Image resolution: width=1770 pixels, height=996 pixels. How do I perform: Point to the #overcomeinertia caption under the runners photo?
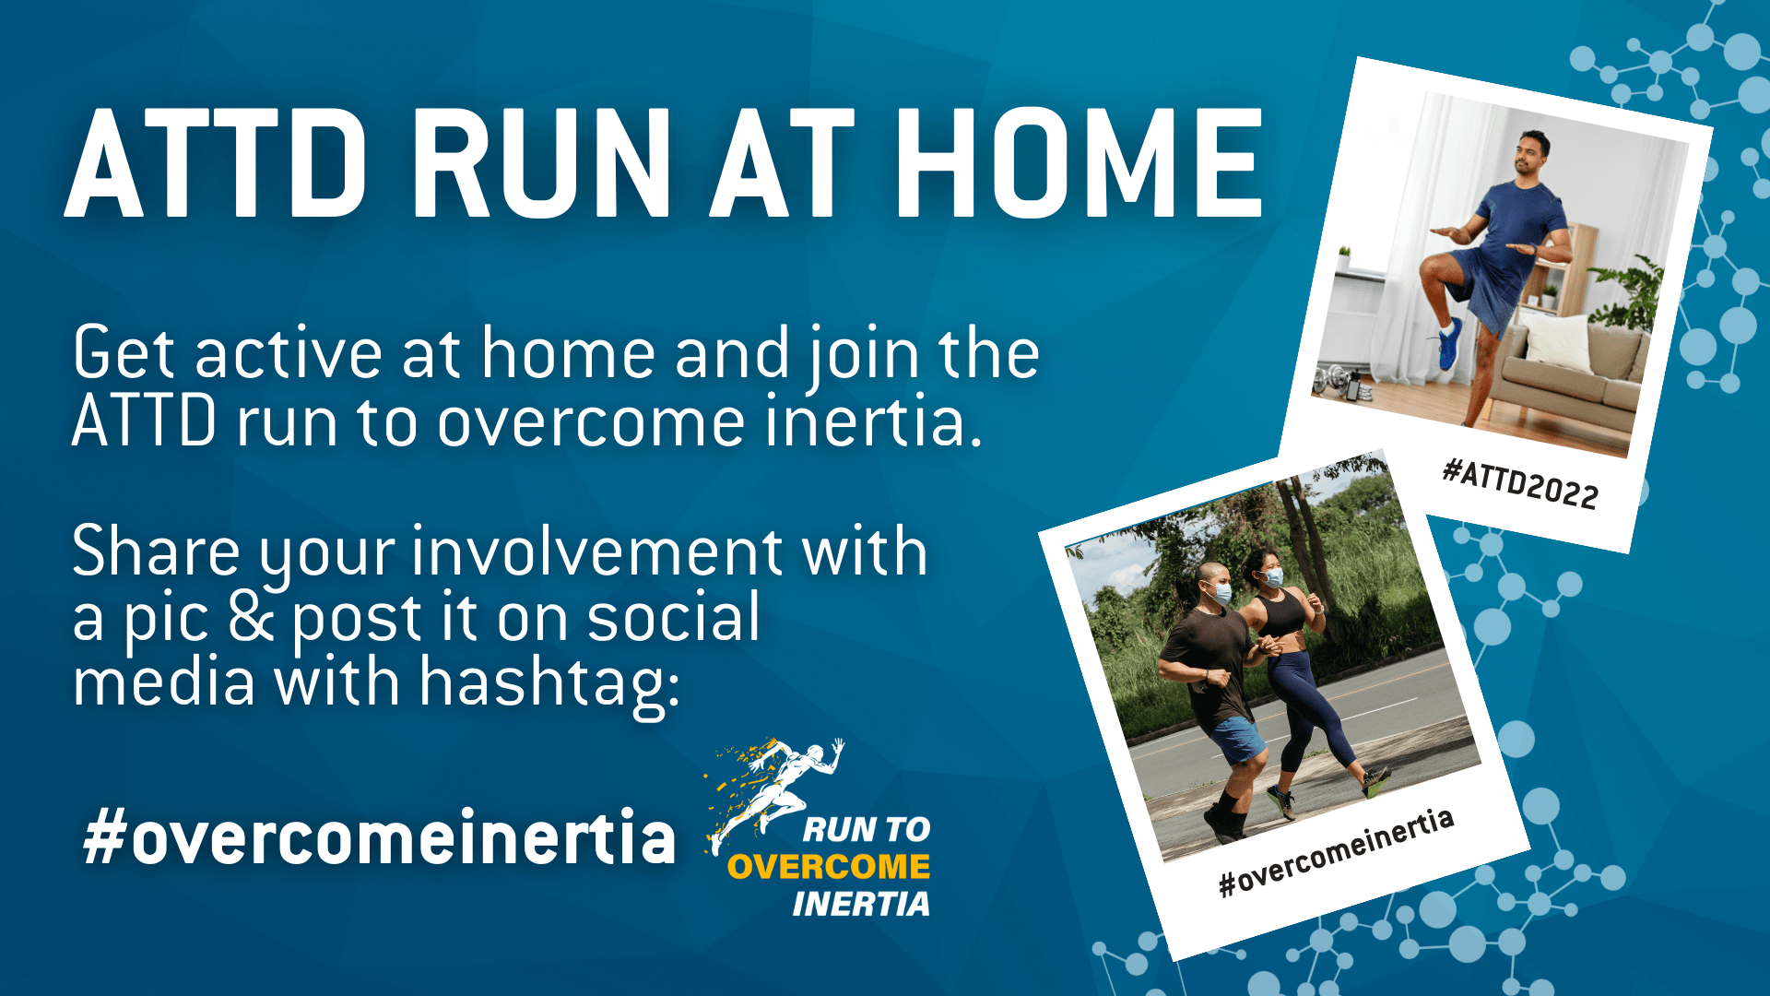point(1336,852)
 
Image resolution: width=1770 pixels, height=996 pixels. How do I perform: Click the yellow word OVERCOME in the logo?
point(829,867)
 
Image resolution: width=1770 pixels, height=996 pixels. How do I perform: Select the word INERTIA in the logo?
point(861,904)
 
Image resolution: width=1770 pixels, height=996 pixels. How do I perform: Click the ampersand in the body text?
point(252,618)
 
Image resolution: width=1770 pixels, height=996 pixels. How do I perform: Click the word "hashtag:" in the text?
point(549,684)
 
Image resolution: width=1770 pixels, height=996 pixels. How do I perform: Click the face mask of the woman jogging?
point(1273,577)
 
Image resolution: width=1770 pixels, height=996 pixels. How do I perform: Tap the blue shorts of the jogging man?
point(1235,739)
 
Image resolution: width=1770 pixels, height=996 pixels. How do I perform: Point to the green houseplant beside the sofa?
point(1632,293)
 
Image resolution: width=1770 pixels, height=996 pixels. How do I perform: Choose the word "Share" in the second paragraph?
point(156,551)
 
